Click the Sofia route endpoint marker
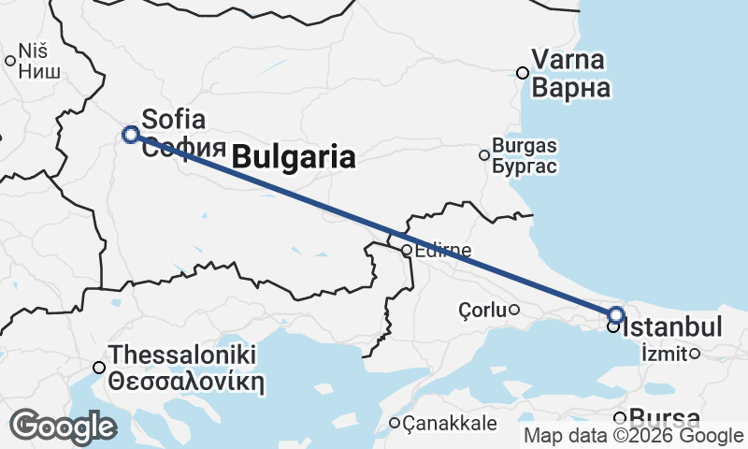[x=131, y=134]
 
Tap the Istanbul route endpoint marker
[x=615, y=314]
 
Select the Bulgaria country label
[x=293, y=157]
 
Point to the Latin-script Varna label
[x=568, y=61]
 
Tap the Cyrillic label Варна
[x=571, y=89]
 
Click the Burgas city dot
[x=484, y=155]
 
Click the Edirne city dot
[x=407, y=251]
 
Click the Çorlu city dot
[x=513, y=310]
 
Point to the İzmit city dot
[x=694, y=354]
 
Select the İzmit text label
[x=664, y=354]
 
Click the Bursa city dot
[x=619, y=418]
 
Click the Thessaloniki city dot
[x=99, y=368]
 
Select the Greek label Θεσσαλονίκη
[x=186, y=382]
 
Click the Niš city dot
[x=10, y=62]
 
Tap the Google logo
[x=63, y=427]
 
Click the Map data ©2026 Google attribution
[x=633, y=436]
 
